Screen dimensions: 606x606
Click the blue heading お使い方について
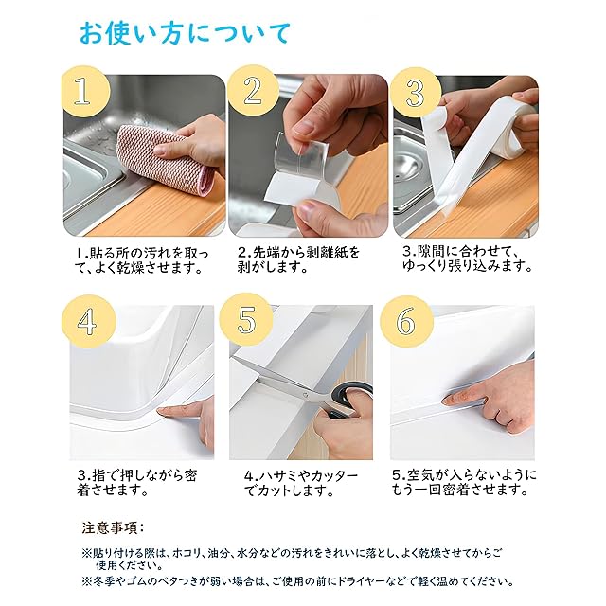pyautogui.click(x=185, y=34)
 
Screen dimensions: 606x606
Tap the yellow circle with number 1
pyautogui.click(x=86, y=92)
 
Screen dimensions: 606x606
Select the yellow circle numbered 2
pyautogui.click(x=253, y=91)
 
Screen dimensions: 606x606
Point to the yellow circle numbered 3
pyautogui.click(x=416, y=93)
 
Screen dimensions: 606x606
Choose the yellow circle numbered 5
pyautogui.click(x=246, y=320)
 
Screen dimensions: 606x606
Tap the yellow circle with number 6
pyautogui.click(x=406, y=322)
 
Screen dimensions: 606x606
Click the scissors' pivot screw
pyautogui.click(x=305, y=395)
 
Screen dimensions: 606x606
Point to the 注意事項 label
pyautogui.click(x=111, y=528)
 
